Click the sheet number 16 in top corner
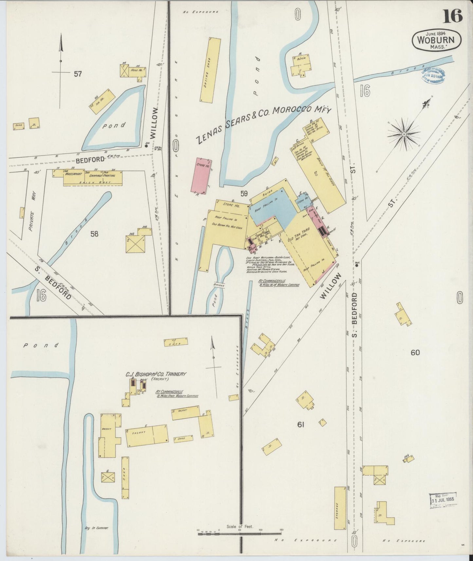(453, 15)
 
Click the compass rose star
(404, 134)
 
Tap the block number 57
(78, 74)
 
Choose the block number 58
(94, 234)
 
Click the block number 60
(415, 353)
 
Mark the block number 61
(301, 425)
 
